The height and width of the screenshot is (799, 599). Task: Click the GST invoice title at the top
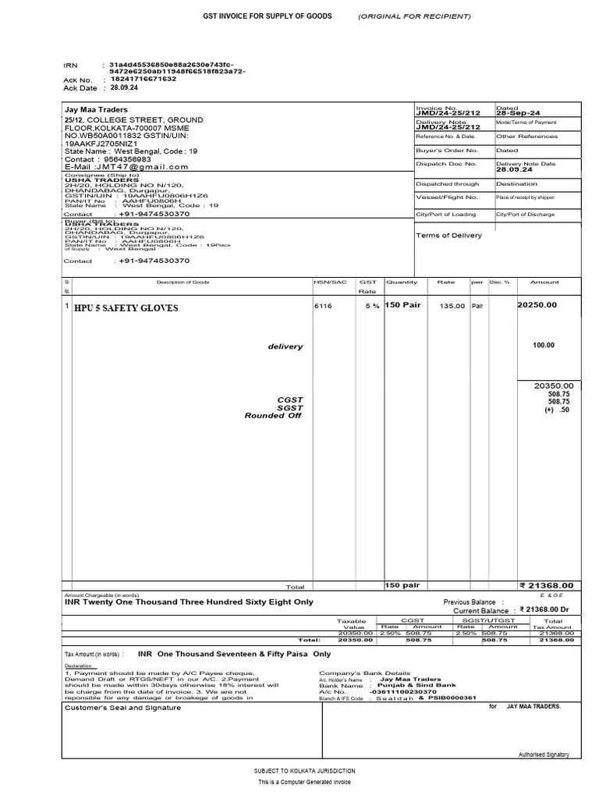tap(268, 16)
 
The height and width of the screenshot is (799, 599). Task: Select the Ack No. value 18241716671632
tap(144, 79)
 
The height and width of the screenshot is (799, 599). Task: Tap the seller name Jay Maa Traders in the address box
tap(96, 110)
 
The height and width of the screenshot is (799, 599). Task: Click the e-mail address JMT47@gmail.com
tap(141, 166)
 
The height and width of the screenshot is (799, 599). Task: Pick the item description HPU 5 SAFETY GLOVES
tap(126, 308)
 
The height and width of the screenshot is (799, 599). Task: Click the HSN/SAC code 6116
tap(323, 307)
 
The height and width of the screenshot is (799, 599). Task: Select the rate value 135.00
tap(452, 307)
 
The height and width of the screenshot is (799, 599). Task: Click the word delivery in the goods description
tap(285, 346)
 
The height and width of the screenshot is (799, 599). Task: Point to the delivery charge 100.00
tap(544, 345)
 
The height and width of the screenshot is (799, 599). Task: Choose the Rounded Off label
tap(273, 416)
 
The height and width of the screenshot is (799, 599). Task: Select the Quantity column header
tap(402, 282)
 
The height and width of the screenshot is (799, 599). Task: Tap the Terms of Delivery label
tap(448, 235)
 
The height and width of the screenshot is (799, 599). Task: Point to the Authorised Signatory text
tap(544, 755)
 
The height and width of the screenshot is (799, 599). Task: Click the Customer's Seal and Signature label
tap(122, 708)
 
